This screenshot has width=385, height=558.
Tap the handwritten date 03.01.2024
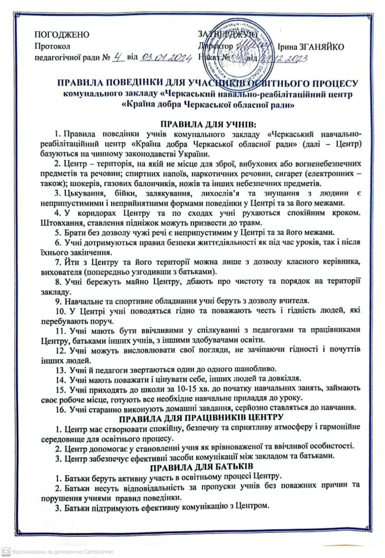click(162, 58)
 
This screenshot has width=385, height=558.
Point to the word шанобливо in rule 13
click(254, 380)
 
